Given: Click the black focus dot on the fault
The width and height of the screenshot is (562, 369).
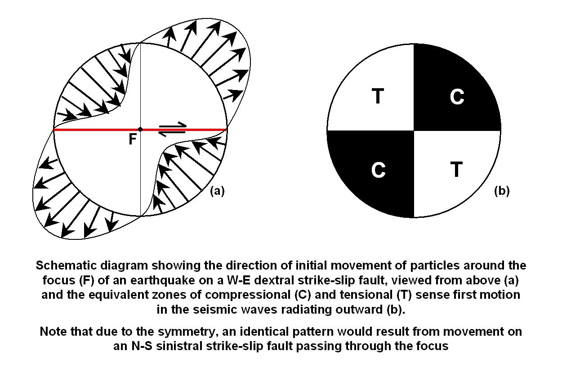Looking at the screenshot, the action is pyautogui.click(x=140, y=129).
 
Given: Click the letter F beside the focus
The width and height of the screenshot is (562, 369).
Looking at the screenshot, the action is pyautogui.click(x=133, y=139).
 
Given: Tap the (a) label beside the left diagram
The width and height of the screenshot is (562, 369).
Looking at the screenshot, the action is pyautogui.click(x=217, y=191).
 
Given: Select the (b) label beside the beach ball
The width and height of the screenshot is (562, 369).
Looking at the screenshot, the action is pyautogui.click(x=502, y=191).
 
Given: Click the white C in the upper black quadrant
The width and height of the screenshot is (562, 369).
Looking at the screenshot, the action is pyautogui.click(x=457, y=96).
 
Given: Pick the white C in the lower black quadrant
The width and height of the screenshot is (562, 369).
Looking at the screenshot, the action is pyautogui.click(x=379, y=170).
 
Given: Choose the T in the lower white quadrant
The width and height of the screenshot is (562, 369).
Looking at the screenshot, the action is pyautogui.click(x=456, y=170).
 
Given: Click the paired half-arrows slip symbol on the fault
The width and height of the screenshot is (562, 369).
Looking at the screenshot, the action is pyautogui.click(x=173, y=129).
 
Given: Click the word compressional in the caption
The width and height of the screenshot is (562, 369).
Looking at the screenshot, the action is pyautogui.click(x=248, y=295).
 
